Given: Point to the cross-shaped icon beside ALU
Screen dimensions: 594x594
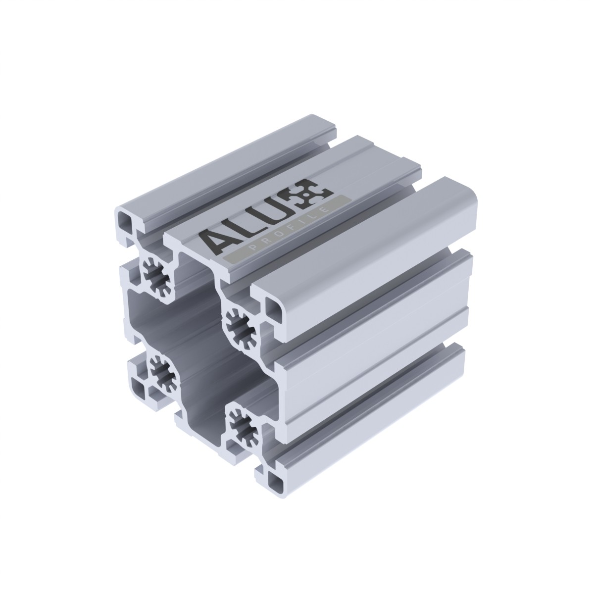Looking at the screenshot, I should [315, 192].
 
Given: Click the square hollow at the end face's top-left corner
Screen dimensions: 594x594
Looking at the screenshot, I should [124, 219].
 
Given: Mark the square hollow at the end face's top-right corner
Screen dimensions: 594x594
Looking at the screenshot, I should [274, 308].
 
